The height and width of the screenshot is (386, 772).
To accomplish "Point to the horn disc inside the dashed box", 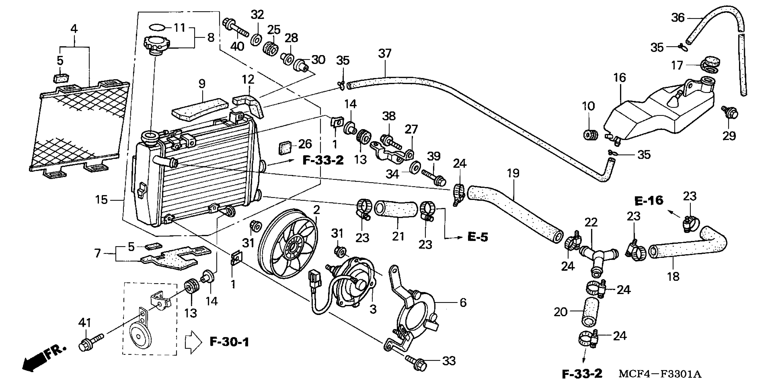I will [140, 336].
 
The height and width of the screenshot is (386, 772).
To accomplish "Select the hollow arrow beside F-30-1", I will [194, 342].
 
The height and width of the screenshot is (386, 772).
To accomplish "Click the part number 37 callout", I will [385, 54].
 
